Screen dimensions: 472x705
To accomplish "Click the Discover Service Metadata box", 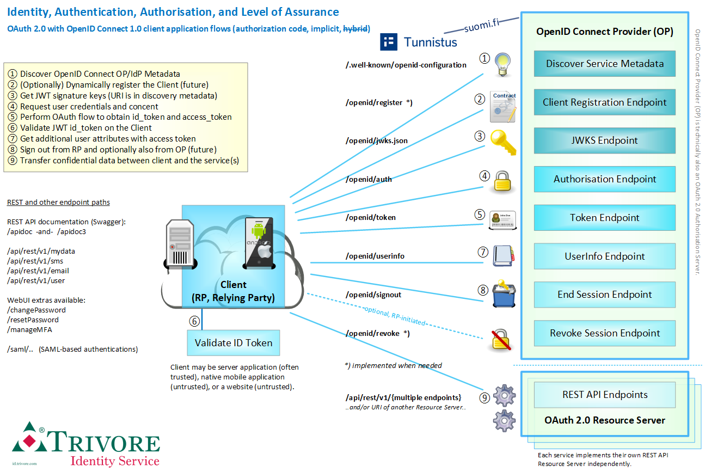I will pyautogui.click(x=604, y=64).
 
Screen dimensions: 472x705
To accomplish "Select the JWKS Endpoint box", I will pyautogui.click(x=604, y=140).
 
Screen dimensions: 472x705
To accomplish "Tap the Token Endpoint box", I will pyautogui.click(x=604, y=218).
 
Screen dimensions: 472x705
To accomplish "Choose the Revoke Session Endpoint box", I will pyautogui.click(x=604, y=333).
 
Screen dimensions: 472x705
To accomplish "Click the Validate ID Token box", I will pyautogui.click(x=234, y=344).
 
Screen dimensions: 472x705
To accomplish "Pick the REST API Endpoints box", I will pyautogui.click(x=604, y=395).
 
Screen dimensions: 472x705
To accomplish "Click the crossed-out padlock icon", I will pyautogui.click(x=501, y=339).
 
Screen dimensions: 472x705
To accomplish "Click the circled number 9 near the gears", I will pyautogui.click(x=484, y=398).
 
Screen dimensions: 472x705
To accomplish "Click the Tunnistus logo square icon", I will pyautogui.click(x=389, y=41).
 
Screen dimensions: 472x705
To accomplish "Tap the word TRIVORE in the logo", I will pyautogui.click(x=103, y=442).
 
